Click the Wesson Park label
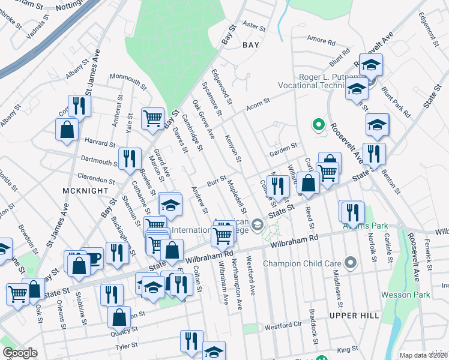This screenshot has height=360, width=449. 405,295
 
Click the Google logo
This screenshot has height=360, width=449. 20,353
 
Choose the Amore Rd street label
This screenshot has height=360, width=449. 321,41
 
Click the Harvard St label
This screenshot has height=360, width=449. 100,143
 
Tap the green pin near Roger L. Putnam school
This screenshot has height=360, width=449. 318,125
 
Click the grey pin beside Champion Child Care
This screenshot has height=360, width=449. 351,263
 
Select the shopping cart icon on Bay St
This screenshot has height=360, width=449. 152,118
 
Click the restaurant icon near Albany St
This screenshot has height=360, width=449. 79,106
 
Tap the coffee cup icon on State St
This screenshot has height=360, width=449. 93,257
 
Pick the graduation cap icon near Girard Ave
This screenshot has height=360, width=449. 170,203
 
